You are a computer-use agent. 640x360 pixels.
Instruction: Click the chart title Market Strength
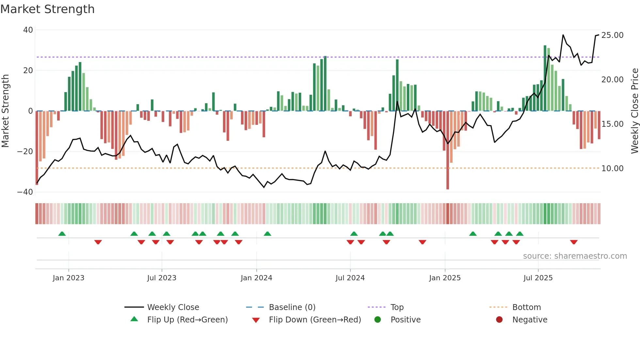point(47,9)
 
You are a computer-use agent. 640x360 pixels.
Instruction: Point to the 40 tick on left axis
point(28,30)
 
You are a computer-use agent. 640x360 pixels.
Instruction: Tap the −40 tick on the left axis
point(25,192)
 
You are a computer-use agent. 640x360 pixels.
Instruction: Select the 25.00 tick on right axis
point(612,35)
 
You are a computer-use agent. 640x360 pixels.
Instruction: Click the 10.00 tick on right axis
point(612,169)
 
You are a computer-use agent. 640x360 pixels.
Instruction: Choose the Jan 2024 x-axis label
point(256,278)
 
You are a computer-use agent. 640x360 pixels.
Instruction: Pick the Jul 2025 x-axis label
point(538,278)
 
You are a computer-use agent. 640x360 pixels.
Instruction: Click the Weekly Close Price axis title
point(634,111)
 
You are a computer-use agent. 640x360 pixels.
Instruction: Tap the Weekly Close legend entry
point(173,307)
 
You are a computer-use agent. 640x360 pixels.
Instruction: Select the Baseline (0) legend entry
point(292,307)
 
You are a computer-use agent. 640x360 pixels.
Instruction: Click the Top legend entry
point(397,307)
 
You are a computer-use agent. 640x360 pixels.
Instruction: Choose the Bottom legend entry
point(526,307)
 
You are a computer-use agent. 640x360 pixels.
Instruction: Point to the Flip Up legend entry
point(187,320)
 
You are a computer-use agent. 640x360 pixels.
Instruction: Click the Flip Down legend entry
point(314,320)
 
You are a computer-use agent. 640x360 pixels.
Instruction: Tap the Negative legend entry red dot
point(499,319)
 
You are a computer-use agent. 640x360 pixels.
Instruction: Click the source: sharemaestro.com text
point(575,256)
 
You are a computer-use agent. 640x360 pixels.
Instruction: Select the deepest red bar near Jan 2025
point(448,150)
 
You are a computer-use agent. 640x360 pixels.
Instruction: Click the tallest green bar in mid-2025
point(545,78)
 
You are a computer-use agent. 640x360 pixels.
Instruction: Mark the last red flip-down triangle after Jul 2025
point(574,242)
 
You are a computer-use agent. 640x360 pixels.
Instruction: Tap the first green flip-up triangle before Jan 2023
point(62,234)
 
